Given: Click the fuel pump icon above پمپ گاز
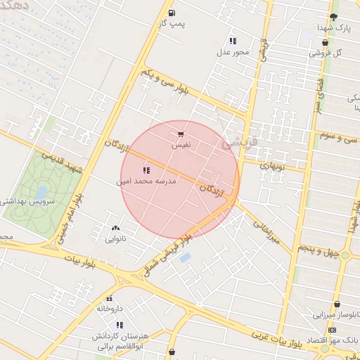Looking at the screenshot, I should [172, 13].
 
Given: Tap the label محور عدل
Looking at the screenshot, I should [233, 52].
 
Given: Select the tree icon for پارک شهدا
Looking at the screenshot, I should [333, 17].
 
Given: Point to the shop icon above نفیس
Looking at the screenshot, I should [181, 134].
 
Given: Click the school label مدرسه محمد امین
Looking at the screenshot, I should [146, 181].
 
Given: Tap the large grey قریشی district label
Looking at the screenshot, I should [240, 143].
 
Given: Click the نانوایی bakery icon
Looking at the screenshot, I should [115, 228].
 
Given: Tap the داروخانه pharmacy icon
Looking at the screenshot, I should [109, 299].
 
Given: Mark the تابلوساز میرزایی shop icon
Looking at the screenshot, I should [337, 304].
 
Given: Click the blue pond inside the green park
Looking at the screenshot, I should [41, 192].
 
